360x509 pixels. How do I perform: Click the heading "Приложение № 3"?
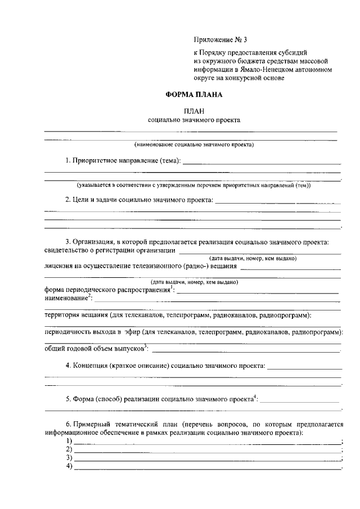(220, 40)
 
